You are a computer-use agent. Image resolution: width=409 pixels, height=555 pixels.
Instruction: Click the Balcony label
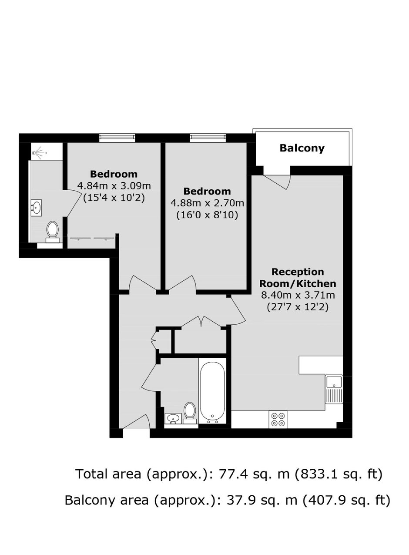click(302, 148)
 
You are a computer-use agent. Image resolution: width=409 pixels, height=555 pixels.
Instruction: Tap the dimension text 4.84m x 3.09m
click(114, 185)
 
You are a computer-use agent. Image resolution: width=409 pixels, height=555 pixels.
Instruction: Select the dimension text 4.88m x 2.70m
click(207, 203)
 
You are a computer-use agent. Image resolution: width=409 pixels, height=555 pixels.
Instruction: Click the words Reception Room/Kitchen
click(298, 278)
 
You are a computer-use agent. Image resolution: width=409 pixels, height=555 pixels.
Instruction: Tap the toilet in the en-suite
click(53, 232)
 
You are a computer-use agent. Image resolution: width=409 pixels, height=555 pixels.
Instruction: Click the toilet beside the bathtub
click(190, 412)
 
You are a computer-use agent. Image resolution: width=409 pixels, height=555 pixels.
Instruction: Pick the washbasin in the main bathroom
click(173, 419)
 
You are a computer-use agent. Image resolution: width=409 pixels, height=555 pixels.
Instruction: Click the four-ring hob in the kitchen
click(278, 419)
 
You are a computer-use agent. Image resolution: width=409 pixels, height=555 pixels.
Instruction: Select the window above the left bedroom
click(117, 138)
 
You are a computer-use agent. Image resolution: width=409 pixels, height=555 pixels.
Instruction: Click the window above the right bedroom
click(208, 138)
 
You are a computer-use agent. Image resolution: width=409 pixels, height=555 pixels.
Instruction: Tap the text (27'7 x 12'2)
click(298, 307)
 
